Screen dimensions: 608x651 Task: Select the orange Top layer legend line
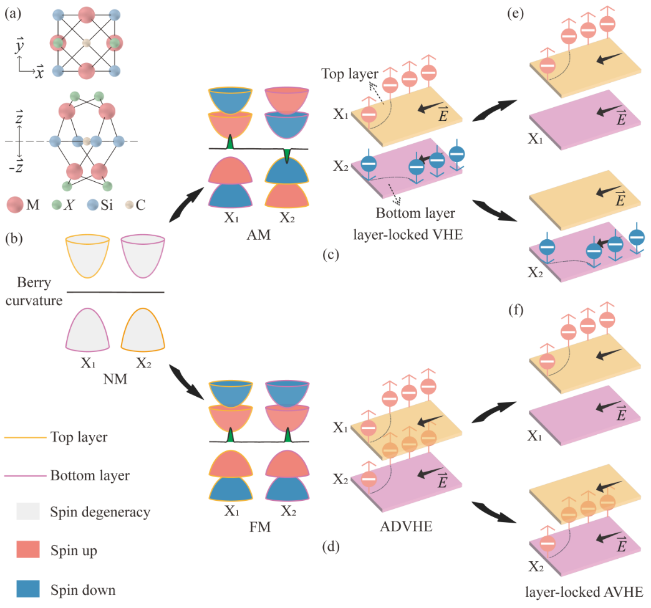26,437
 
